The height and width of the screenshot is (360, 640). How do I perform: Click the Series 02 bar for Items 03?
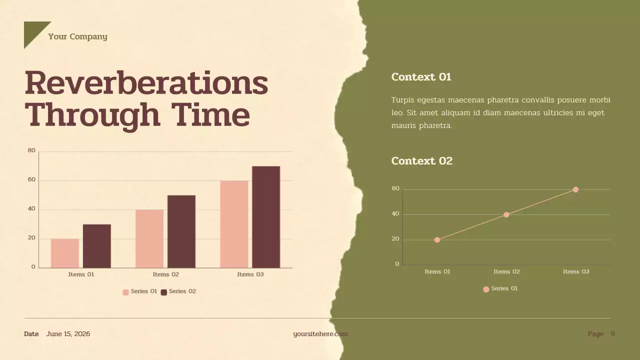pyautogui.click(x=266, y=217)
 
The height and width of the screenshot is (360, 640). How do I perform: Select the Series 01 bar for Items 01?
pyautogui.click(x=65, y=253)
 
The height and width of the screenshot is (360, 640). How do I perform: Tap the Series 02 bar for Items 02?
pyautogui.click(x=181, y=231)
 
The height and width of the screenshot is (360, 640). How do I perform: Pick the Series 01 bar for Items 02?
pyautogui.click(x=149, y=238)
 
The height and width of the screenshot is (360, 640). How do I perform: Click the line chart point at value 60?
pyautogui.click(x=575, y=189)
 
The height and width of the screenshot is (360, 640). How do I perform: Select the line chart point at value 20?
pyautogui.click(x=437, y=240)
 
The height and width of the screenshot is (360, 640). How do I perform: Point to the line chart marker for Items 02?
pyautogui.click(x=506, y=214)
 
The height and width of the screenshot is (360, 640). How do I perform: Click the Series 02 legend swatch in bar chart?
pyautogui.click(x=164, y=292)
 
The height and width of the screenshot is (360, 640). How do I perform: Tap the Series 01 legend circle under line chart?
pyautogui.click(x=486, y=289)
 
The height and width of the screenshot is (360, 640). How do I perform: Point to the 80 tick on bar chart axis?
pyautogui.click(x=31, y=150)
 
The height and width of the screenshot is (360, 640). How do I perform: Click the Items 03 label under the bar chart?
pyautogui.click(x=250, y=274)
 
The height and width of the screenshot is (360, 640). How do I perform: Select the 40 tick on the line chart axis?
pyautogui.click(x=395, y=214)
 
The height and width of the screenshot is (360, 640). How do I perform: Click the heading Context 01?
pyautogui.click(x=421, y=77)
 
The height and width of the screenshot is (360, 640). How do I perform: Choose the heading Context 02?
pyautogui.click(x=421, y=161)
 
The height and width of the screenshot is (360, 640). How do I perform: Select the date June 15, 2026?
pyautogui.click(x=68, y=334)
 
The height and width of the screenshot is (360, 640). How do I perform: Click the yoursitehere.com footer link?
pyautogui.click(x=320, y=334)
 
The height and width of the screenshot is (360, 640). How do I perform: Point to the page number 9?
pyautogui.click(x=612, y=334)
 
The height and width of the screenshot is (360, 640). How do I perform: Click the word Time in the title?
pyautogui.click(x=210, y=115)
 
